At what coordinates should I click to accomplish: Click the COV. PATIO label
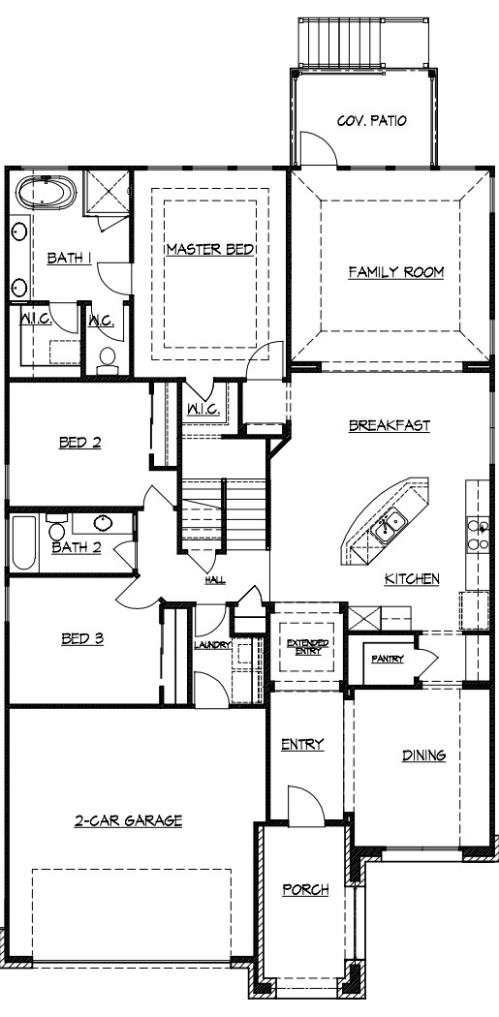point(370,121)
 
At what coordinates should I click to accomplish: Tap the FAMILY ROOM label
point(395,272)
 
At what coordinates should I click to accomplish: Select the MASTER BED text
point(209,249)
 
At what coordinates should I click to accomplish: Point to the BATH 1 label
point(69,258)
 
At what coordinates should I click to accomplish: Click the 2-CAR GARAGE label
point(128,820)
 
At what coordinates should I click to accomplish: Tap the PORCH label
point(305,889)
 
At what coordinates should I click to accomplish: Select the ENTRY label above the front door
point(301,744)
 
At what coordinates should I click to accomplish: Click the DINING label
point(423,755)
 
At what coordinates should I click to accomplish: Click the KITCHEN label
point(412,578)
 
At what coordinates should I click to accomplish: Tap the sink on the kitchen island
point(390,527)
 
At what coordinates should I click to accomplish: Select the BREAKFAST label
point(389,425)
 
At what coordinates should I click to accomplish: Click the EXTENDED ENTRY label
point(307,647)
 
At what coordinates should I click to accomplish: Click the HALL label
point(214,580)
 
